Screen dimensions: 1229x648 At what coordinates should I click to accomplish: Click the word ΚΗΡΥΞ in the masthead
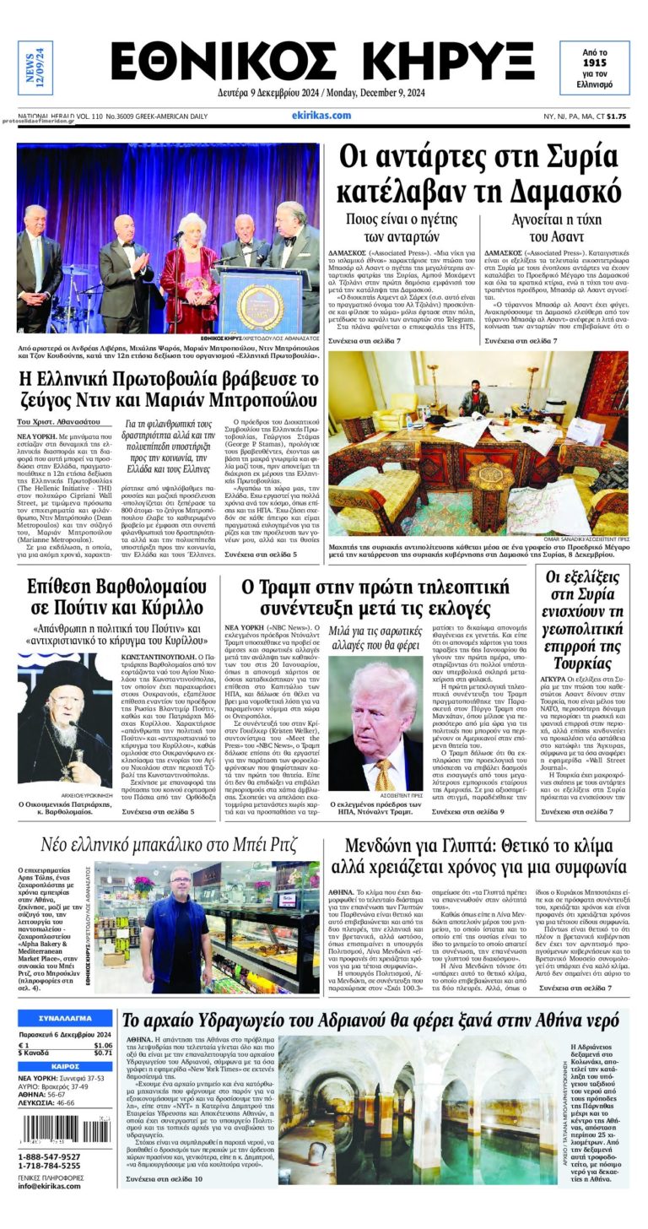tap(442, 62)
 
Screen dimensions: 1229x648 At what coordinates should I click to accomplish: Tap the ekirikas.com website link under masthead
tap(321, 116)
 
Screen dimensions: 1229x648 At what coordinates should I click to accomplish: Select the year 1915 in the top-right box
tap(596, 62)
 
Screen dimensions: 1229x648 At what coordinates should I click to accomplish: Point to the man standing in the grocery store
tap(178, 920)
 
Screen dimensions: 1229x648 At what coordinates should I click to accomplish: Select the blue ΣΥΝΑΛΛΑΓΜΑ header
tap(65, 1019)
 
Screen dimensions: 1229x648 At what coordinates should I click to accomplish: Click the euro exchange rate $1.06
tap(102, 1045)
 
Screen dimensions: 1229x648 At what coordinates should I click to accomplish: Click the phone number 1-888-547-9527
tap(49, 1156)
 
